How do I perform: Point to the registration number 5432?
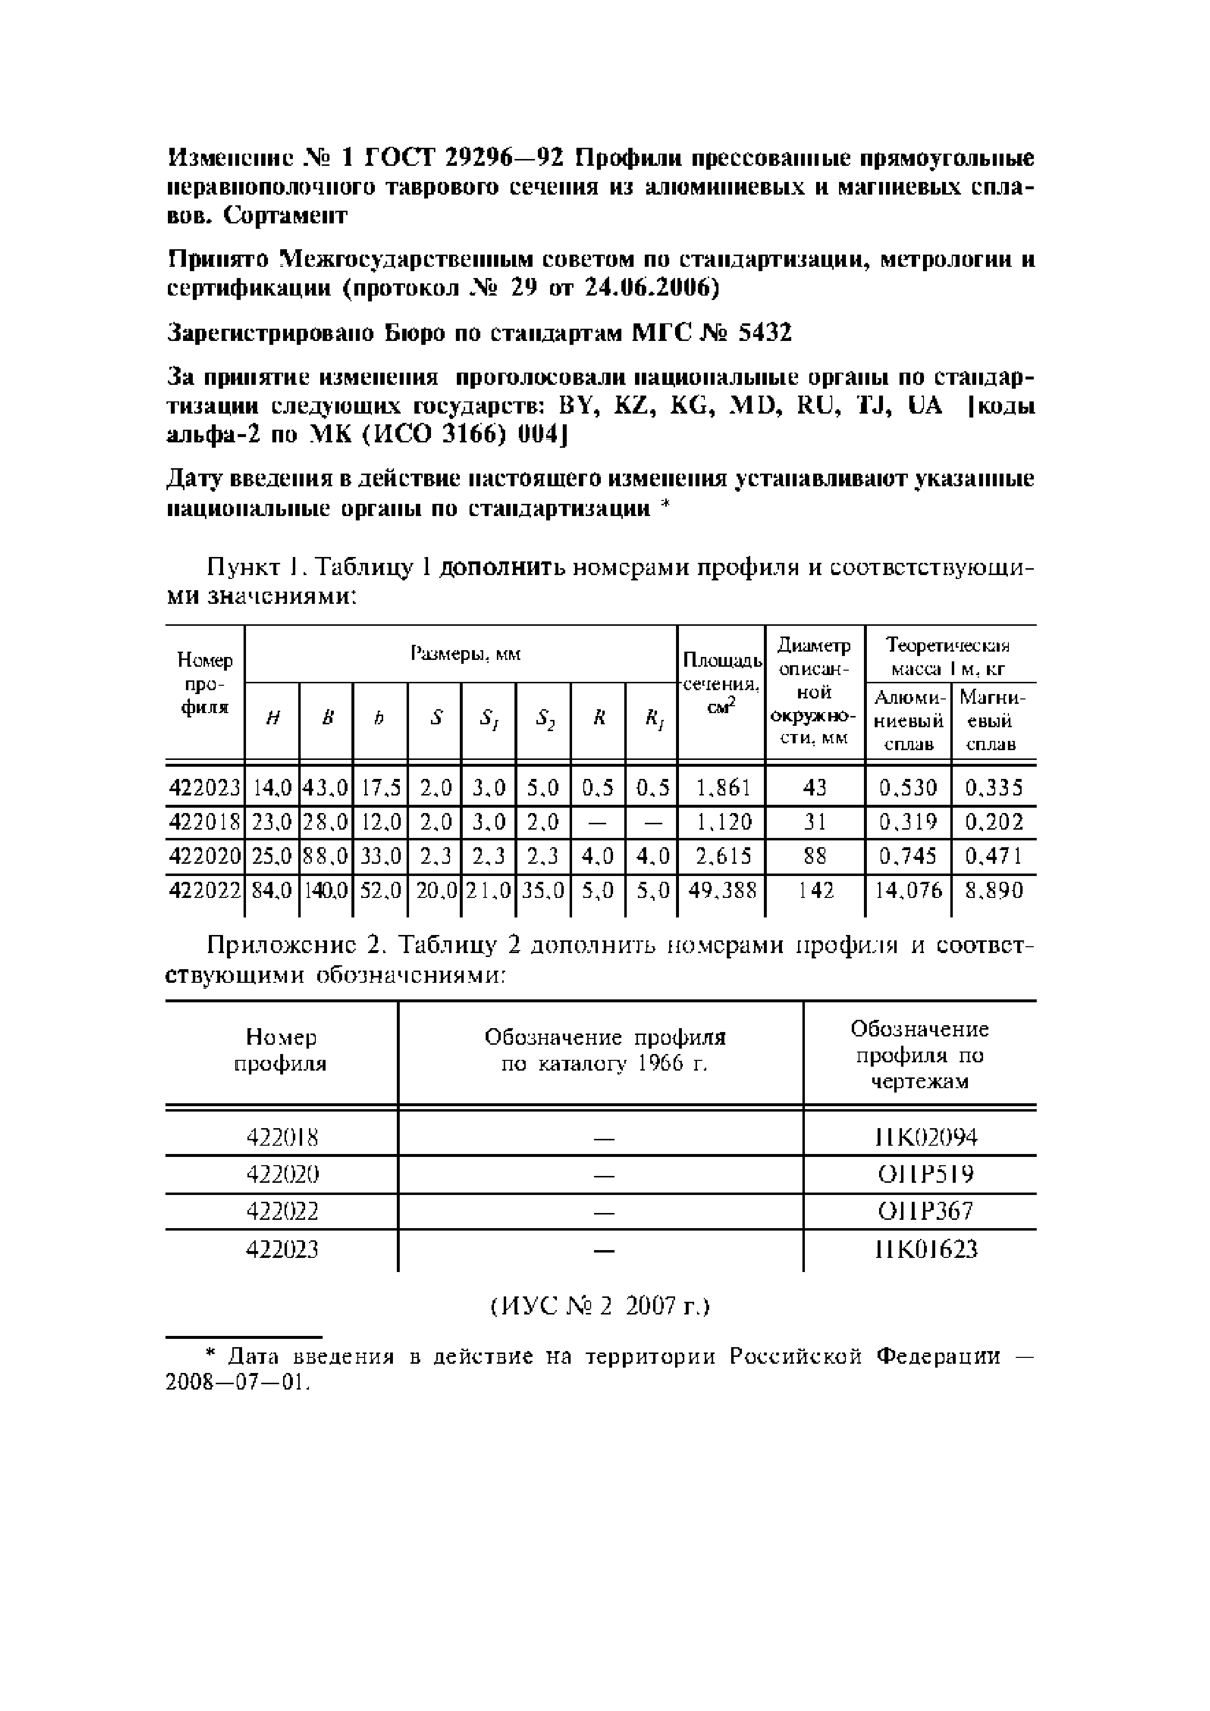(765, 332)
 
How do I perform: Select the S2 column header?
(543, 719)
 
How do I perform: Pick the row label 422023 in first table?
(205, 788)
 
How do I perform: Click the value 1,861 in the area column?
(721, 788)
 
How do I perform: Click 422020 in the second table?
(282, 1174)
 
